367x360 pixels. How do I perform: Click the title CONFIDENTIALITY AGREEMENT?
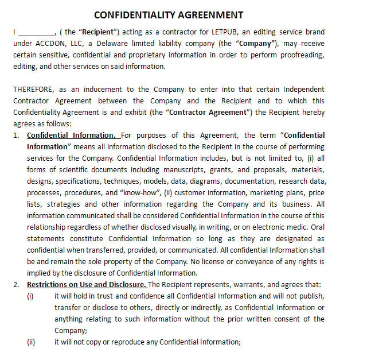pos(168,15)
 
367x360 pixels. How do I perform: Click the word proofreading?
pos(302,55)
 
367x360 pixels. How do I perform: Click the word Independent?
pos(303,89)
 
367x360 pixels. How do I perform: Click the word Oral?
pos(317,227)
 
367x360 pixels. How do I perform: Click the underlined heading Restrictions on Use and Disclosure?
pos(87,285)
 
